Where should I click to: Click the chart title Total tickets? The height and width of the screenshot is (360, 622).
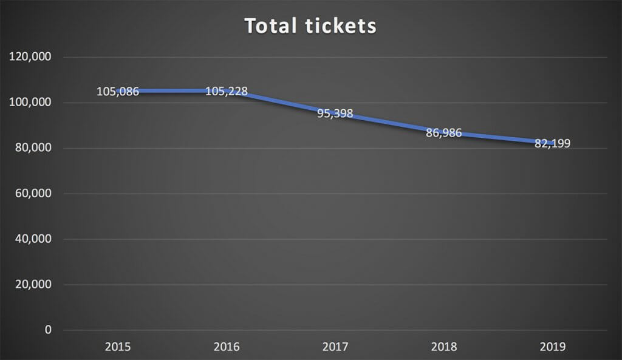point(310,26)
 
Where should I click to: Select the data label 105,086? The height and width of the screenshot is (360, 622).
point(118,92)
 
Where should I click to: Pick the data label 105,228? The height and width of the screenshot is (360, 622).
point(227,92)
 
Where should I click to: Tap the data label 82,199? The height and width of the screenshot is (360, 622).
point(552,144)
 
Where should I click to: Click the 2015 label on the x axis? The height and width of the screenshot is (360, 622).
point(118,348)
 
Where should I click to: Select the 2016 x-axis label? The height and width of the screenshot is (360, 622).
point(227,348)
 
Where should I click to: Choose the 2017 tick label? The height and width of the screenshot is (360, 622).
point(335,348)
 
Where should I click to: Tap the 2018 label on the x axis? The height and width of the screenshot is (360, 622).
point(443,348)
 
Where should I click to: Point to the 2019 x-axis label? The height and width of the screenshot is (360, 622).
point(552,348)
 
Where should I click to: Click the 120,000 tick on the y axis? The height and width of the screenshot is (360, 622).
point(30,57)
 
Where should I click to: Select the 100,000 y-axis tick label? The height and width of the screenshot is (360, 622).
point(30,103)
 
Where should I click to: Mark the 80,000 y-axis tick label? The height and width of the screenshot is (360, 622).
point(32,148)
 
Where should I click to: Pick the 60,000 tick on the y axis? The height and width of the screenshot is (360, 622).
point(32,194)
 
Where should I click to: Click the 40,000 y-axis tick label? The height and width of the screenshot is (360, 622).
point(32,239)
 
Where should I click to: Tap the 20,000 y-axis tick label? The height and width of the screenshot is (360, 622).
point(32,285)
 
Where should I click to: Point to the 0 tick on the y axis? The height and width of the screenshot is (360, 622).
point(48,330)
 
